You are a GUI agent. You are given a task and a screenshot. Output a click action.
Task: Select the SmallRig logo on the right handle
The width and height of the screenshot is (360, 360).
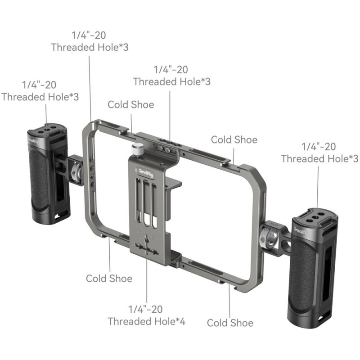click(x=302, y=231)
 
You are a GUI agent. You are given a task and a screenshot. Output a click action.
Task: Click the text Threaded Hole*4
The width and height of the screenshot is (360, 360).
click(x=147, y=321)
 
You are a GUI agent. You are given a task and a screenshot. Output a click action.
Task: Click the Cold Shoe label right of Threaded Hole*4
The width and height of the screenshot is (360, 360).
click(x=230, y=323)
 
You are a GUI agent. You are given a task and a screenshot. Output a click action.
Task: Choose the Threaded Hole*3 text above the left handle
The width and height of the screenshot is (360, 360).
click(x=40, y=97)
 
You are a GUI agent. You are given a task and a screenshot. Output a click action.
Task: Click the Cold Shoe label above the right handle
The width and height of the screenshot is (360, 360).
click(x=234, y=139)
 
